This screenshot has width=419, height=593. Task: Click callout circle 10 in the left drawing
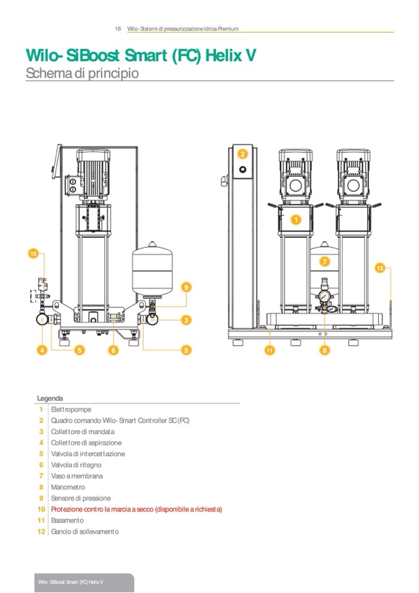click(34, 253)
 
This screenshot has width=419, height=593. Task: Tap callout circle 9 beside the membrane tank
click(185, 286)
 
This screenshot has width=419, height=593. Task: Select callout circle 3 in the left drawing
click(185, 320)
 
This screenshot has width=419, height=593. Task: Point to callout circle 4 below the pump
click(42, 350)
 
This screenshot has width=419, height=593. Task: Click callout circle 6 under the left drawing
click(113, 350)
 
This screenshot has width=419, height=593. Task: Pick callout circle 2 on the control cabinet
click(243, 154)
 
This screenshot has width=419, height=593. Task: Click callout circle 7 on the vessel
click(324, 262)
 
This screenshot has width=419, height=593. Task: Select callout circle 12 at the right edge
click(381, 268)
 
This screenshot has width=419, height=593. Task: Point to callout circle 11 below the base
click(270, 350)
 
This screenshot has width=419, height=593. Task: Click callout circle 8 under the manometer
click(324, 350)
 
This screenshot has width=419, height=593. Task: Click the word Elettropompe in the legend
click(69, 409)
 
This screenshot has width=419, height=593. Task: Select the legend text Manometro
click(68, 487)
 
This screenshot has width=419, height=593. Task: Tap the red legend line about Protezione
click(136, 510)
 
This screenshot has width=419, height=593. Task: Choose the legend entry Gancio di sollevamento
click(85, 532)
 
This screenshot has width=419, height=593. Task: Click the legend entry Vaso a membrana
click(77, 476)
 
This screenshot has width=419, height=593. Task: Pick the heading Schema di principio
click(82, 73)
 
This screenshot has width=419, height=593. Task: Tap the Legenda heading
click(50, 398)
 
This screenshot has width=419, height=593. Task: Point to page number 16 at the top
click(117, 28)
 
